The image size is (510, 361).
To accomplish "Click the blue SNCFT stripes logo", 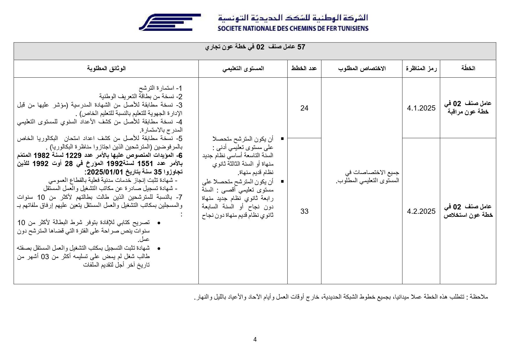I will (x=169, y=22).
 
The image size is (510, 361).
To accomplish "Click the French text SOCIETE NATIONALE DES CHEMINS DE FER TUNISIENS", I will (x=293, y=29).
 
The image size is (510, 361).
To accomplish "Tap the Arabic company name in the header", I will (x=293, y=18).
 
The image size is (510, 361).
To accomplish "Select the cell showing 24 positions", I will (x=304, y=108).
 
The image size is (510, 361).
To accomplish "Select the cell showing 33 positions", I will (x=304, y=211).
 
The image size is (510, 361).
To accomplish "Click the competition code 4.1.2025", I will (x=421, y=108).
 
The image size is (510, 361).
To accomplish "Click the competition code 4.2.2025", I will (x=421, y=211).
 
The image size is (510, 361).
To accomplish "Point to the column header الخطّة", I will (x=468, y=68).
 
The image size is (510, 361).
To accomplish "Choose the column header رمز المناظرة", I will (x=421, y=68).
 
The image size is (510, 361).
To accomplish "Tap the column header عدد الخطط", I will (x=304, y=68).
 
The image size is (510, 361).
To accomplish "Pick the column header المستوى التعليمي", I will (x=243, y=68).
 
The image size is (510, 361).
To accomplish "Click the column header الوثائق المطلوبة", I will (x=106, y=68).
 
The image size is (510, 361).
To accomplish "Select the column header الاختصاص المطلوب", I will (x=362, y=68).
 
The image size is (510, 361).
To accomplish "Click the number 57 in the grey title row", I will (x=301, y=47).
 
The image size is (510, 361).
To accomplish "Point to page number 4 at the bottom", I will (x=255, y=339).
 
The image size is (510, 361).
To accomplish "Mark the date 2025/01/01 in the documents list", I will (x=104, y=172).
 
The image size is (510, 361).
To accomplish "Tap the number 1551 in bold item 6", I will (x=145, y=163).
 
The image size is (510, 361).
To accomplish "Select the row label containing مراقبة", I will (x=468, y=108).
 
